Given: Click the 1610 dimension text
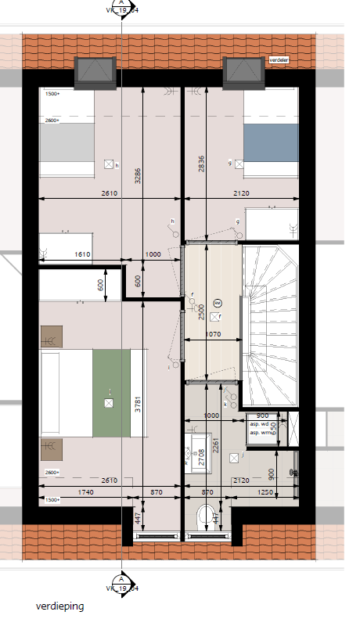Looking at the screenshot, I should tap(84, 254).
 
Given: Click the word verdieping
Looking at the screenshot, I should tap(59, 606).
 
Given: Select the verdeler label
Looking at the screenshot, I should tap(278, 59).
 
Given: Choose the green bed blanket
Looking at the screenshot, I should tap(110, 394).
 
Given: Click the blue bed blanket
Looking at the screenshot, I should tap(271, 144).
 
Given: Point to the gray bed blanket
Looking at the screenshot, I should tap(67, 144).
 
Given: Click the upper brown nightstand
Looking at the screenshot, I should tap(51, 336).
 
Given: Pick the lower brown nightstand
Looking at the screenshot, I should tap(51, 449).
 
